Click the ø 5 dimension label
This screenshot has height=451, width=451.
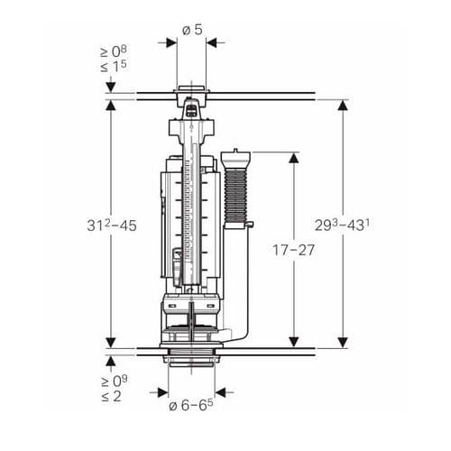tap(191, 29)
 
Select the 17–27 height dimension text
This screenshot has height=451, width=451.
tap(293, 250)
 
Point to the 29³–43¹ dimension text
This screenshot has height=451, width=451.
tap(344, 225)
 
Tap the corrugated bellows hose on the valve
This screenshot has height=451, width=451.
tap(236, 194)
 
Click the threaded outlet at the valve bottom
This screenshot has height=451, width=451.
tap(190, 357)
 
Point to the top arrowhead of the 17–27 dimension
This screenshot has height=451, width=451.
tap(293, 158)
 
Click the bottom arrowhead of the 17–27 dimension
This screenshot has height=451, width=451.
tap(293, 342)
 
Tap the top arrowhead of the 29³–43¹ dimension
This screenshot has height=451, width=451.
tap(343, 105)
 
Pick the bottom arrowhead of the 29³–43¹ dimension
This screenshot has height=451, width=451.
tap(343, 342)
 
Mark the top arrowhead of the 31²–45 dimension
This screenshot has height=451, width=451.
tap(111, 105)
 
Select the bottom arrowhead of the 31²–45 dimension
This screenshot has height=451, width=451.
tap(111, 342)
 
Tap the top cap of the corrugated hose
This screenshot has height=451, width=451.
tap(236, 153)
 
